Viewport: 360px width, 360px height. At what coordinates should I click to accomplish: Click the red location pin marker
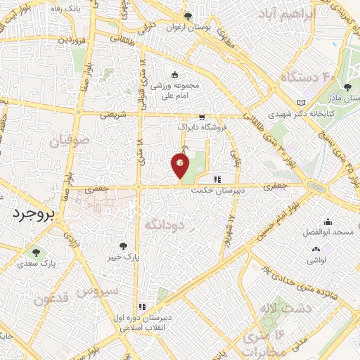click(x=180, y=165)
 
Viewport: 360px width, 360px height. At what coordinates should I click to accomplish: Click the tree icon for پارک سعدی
click(x=34, y=252)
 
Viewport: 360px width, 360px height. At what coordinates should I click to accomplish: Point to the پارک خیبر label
click(x=124, y=257)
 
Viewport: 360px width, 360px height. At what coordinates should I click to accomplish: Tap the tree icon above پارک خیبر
click(x=124, y=246)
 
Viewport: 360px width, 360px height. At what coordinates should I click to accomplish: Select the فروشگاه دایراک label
click(x=202, y=129)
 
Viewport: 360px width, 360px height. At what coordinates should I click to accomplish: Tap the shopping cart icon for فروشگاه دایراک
click(x=202, y=118)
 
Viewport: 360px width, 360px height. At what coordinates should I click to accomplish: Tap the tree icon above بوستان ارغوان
click(x=187, y=15)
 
